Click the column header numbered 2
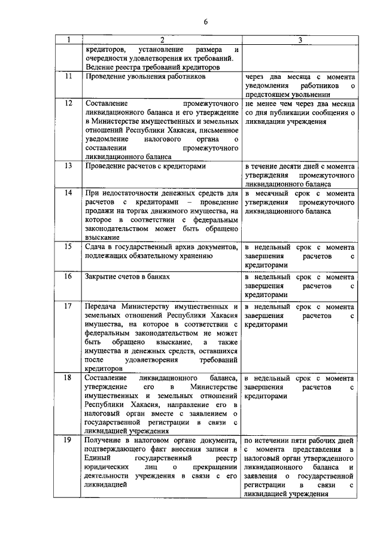coord(161,40)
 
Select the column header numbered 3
coord(299,40)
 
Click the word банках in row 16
coord(159,277)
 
